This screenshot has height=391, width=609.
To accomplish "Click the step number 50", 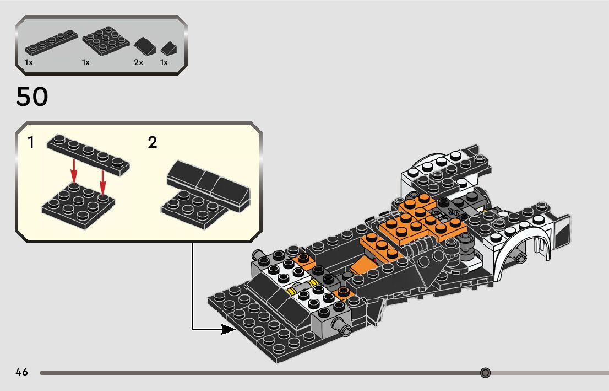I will [x=32, y=97].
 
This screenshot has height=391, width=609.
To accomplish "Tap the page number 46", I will [x=22, y=372].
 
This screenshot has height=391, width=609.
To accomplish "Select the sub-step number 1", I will [x=31, y=143].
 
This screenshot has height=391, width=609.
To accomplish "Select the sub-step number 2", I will [x=153, y=143].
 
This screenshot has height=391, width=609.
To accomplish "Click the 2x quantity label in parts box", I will [x=138, y=63].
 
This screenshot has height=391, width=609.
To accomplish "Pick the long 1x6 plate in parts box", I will [x=50, y=43].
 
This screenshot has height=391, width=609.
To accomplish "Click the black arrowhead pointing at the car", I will [x=228, y=329].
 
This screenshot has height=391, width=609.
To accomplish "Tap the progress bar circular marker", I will [x=485, y=373].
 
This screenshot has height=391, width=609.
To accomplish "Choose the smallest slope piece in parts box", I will [x=169, y=49].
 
